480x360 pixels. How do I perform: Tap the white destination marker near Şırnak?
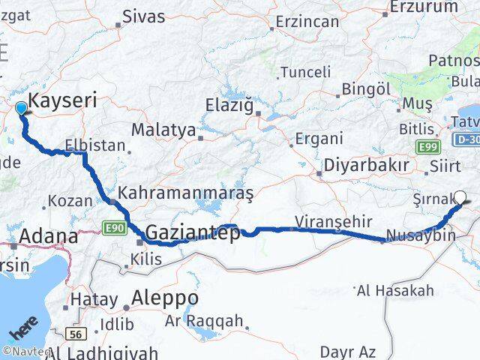click(460, 198)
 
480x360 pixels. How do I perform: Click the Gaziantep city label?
click(193, 233)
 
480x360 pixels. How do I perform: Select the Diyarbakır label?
click(366, 165)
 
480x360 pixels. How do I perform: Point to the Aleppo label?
click(165, 298)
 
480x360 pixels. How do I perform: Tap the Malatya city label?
click(163, 129)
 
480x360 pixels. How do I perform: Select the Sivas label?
click(143, 15)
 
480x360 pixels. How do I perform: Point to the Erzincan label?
click(307, 21)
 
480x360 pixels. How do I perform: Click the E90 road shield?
click(114, 226)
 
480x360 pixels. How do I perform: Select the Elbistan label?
click(95, 145)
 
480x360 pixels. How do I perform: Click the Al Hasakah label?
click(395, 290)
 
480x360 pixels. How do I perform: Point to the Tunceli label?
click(305, 72)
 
